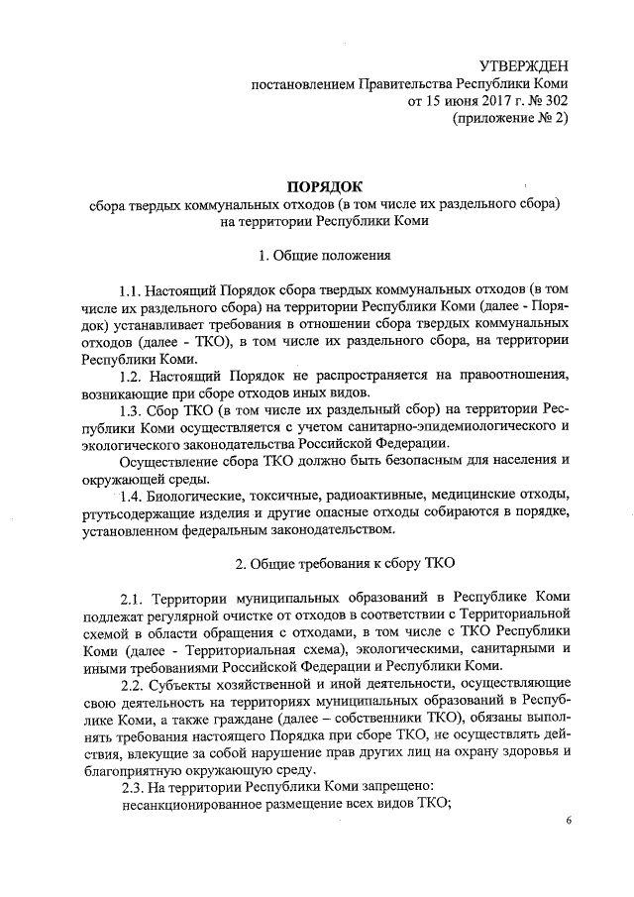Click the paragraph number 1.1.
point(131,293)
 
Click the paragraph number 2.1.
point(133,600)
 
